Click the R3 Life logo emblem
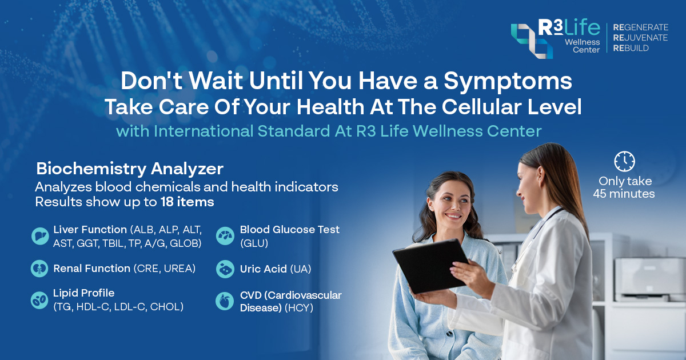click(x=532, y=41)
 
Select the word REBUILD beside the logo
click(x=631, y=49)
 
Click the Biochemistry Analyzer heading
click(x=130, y=169)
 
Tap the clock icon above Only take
click(x=624, y=162)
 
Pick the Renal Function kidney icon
click(x=39, y=269)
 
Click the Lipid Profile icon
click(x=39, y=299)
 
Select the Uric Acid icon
click(x=225, y=269)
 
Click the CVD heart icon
click(x=225, y=301)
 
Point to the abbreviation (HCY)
click(x=298, y=307)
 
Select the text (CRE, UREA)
click(x=165, y=269)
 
